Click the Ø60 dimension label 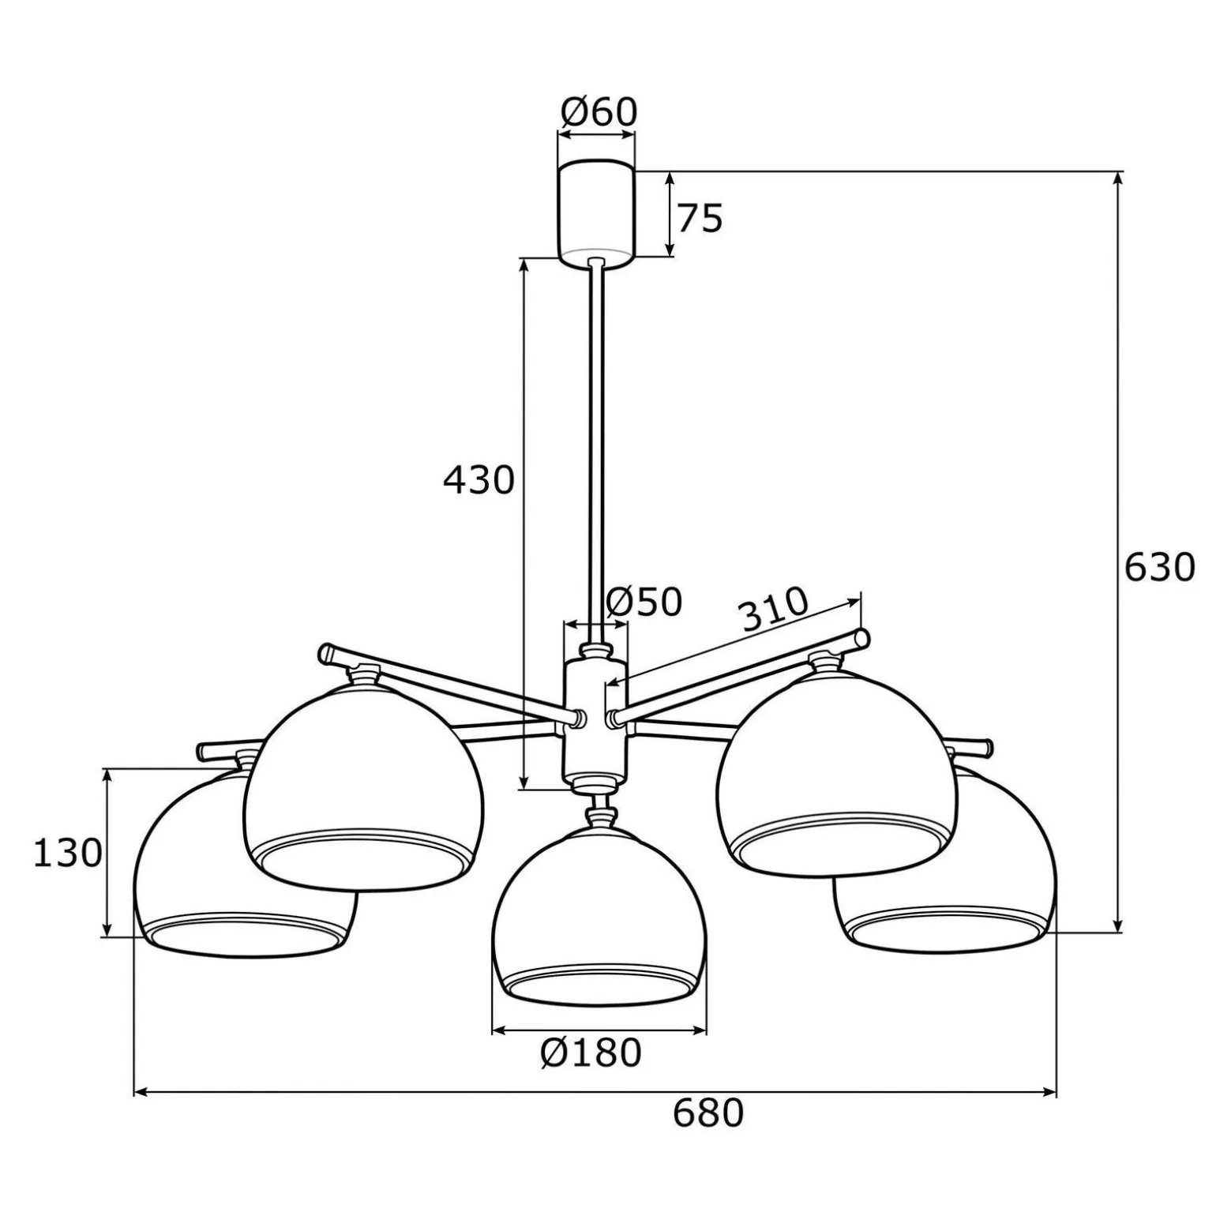tap(599, 113)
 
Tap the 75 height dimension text tap(700, 219)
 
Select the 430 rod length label tap(479, 479)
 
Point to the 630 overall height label tap(1159, 567)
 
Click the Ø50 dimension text tap(644, 602)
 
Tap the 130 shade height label tap(68, 853)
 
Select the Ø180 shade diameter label tap(591, 1053)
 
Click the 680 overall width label tap(708, 1113)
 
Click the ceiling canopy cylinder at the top tap(596, 211)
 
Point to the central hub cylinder tap(595, 719)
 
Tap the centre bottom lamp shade tap(598, 916)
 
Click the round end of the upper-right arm tap(863, 638)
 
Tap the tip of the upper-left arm tap(326, 652)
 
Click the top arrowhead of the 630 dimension tap(1117, 177)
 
